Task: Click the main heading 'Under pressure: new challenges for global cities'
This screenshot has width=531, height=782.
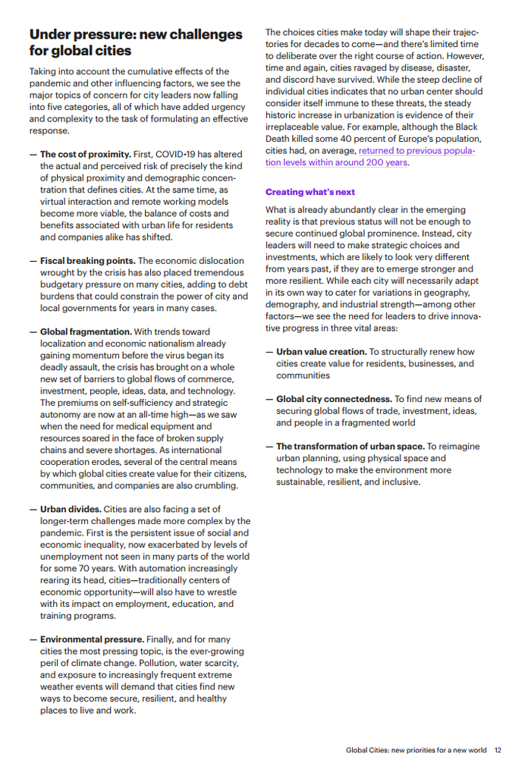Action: [136, 42]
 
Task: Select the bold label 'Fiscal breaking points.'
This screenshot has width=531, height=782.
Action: [88, 261]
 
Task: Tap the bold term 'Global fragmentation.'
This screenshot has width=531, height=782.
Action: [86, 331]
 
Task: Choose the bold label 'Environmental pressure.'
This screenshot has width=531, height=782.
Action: [92, 639]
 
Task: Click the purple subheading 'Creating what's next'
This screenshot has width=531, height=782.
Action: [310, 192]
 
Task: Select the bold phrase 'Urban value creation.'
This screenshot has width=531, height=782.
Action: [321, 352]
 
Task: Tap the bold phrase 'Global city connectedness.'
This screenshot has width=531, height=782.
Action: [333, 399]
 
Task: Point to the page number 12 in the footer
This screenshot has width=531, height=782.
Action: [498, 750]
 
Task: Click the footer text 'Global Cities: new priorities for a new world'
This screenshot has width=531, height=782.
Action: [416, 750]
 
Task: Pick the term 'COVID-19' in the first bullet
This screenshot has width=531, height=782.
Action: [176, 154]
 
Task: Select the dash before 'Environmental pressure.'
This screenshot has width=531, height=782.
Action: [33, 639]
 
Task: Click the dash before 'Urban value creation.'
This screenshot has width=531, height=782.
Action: [269, 352]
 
